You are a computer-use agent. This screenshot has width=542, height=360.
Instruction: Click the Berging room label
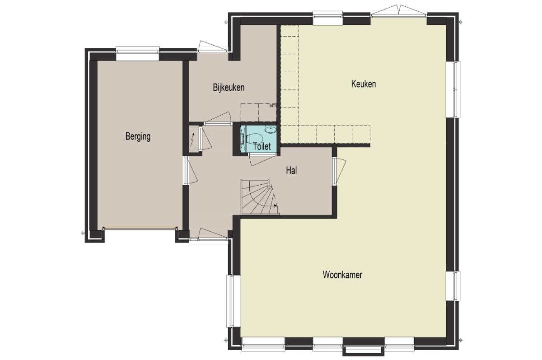pos(138,136)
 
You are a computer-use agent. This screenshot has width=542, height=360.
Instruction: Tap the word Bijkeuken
pos(229,87)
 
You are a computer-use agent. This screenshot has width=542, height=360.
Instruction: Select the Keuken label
pos(364,84)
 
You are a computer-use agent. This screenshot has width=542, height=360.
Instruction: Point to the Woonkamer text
pos(342,275)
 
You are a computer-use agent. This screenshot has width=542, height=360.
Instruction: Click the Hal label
pos(291,171)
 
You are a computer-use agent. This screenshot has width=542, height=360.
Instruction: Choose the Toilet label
pos(262,146)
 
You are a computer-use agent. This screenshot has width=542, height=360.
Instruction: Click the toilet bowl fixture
pos(254,139)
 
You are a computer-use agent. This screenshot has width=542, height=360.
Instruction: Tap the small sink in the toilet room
pos(270,130)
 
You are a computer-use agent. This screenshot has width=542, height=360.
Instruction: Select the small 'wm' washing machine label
pos(272,106)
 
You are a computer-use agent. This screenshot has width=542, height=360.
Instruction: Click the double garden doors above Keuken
pos(399,11)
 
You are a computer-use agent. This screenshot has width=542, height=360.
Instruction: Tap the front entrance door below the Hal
pos(209,234)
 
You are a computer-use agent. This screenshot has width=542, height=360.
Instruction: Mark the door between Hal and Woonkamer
pos(339,171)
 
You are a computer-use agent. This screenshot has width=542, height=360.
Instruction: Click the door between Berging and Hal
pos(190,170)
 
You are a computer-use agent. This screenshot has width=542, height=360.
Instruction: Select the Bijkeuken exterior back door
pos(212,47)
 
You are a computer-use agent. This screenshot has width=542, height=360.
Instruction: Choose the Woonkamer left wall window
pos(234,301)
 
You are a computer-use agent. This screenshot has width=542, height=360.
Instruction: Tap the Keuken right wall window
pos(453,89)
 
